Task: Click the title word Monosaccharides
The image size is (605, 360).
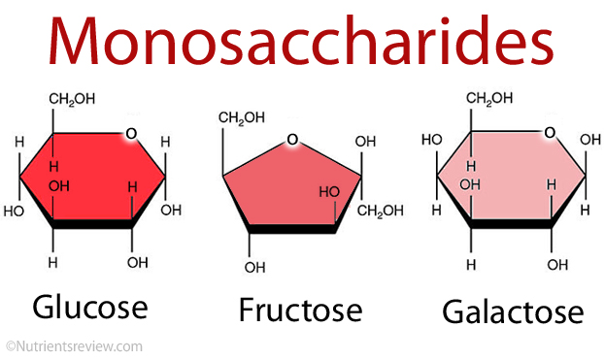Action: (x=302, y=44)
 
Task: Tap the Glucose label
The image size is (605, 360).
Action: (x=90, y=307)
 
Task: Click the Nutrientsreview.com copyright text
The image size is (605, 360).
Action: (x=74, y=345)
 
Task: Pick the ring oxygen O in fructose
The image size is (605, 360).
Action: (x=291, y=142)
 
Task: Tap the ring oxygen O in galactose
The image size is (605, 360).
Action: (x=551, y=132)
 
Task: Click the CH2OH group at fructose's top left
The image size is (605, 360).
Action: (x=241, y=118)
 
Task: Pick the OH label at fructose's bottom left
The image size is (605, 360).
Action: (x=254, y=268)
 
